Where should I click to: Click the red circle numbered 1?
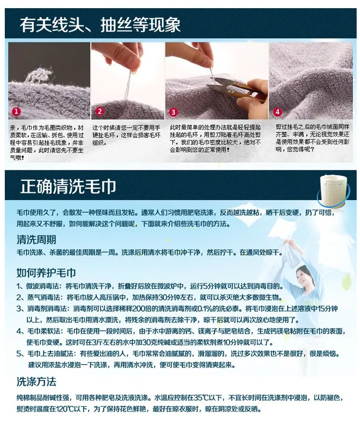coord(16,111)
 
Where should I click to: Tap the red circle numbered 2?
coord(99,111)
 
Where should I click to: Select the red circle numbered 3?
coord(173,112)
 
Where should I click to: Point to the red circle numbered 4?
coord(277,112)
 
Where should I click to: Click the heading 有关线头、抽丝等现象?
coord(100,24)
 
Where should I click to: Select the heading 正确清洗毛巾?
coord(68,186)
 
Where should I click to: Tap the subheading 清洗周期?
coord(36,239)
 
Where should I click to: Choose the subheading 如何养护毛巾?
coord(46,273)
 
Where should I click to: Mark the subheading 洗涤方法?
coord(36,381)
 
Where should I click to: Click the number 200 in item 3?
coord(137,308)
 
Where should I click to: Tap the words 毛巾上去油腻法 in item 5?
coord(50,354)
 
